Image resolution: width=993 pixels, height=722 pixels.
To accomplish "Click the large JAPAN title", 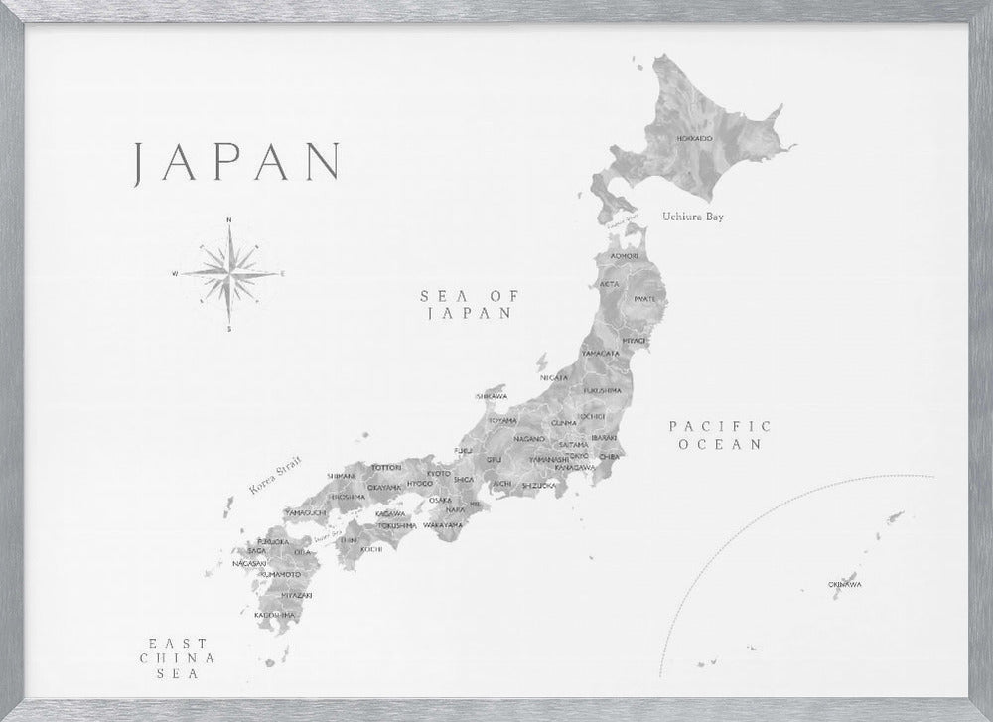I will click(x=238, y=162).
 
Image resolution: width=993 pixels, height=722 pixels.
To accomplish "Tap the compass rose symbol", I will click(x=228, y=272).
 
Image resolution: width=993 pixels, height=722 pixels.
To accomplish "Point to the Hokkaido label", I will click(x=693, y=138).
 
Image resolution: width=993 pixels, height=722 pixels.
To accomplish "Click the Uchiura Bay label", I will click(x=693, y=217).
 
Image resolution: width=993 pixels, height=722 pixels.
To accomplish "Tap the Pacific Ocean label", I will click(x=720, y=435).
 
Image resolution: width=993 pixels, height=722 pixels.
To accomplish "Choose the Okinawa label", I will click(x=844, y=584).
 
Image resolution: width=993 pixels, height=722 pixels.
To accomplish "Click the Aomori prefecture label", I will click(x=624, y=256).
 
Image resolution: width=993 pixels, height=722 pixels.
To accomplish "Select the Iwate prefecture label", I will click(x=644, y=298).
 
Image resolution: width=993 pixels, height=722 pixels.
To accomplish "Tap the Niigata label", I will click(x=554, y=378).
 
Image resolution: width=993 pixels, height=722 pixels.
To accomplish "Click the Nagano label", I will click(x=530, y=438).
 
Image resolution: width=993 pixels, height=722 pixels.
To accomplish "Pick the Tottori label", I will click(x=385, y=467).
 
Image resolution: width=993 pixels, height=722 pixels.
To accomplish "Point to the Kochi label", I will click(x=371, y=548).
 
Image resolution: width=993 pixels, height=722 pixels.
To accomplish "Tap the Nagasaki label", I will click(x=248, y=563).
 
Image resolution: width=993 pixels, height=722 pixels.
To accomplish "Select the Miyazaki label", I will click(x=297, y=594).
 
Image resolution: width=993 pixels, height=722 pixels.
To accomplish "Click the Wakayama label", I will click(x=443, y=524).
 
